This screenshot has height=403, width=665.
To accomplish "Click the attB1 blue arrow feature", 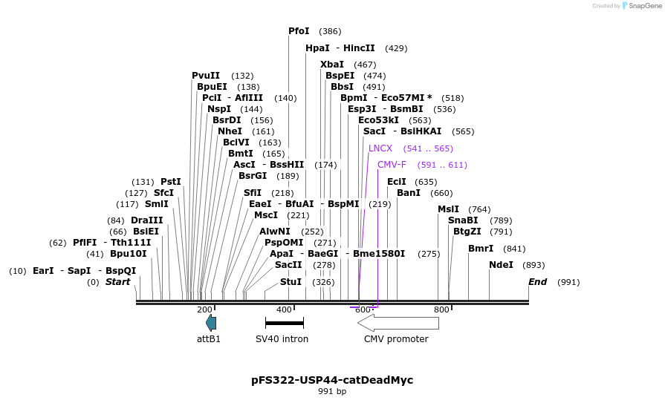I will pos(211,322).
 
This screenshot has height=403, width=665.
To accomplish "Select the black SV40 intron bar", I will pos(285,323).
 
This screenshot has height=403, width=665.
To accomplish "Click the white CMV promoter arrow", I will pos(393,322).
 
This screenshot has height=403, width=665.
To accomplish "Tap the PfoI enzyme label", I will pos(299,31).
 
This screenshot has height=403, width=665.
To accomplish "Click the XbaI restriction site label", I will pos(332,65).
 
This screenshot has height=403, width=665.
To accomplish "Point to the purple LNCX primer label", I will pos(380,148).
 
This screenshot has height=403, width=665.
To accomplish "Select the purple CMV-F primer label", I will pos(392,165).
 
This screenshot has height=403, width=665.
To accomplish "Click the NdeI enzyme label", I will pos(501,265).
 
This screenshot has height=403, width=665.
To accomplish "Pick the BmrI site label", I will pos(481,249).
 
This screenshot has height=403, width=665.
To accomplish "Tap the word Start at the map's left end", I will pos(117,282).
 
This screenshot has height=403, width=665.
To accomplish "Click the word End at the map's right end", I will pos(537,282).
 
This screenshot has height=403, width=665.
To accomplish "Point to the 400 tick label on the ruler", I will pos(284,309).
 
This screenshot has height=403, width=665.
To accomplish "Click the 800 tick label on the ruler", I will pos(441,309).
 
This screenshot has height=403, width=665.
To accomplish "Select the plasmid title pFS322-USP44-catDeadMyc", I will pos(332,380).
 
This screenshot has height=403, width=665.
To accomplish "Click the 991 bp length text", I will pos(332,391).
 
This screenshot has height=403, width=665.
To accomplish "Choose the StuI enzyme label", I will pos(291,282).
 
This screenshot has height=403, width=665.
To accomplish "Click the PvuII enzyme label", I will pos(206,76).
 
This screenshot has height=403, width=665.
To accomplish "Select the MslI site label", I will pos(448,209).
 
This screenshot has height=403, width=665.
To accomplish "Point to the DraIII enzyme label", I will pos(146,220).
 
